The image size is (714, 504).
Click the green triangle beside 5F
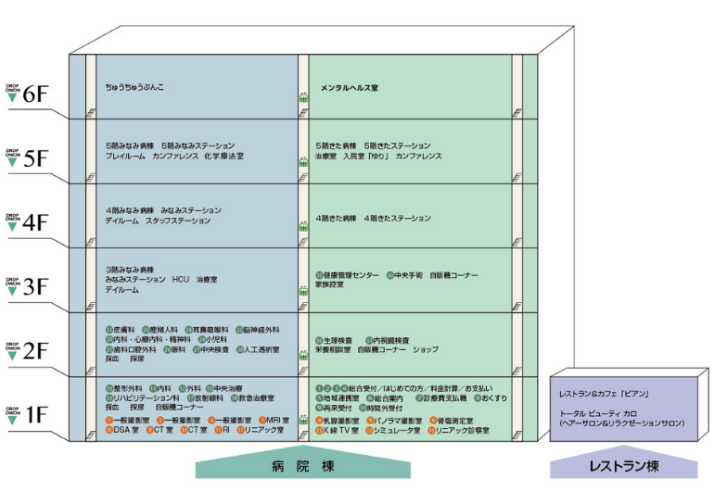[12, 161]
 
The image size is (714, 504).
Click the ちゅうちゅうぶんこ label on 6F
[134, 88]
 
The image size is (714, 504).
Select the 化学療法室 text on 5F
[226, 157]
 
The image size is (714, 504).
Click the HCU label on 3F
[181, 279]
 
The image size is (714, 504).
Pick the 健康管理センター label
[351, 276]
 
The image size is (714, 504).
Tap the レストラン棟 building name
[623, 467]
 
